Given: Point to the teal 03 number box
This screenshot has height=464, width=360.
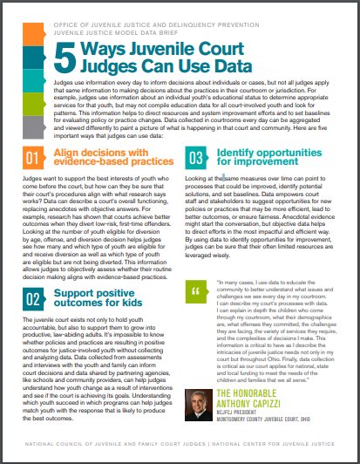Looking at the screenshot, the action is tap(194, 159).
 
